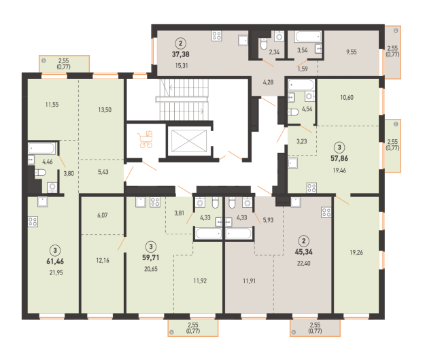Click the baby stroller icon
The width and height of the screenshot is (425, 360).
coord(146,139)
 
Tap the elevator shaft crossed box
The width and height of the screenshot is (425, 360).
coord(189,141)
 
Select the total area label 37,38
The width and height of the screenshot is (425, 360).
coord(181,54)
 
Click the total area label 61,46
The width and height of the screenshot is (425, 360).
coord(55,262)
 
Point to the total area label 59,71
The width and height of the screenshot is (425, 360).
coord(151,257)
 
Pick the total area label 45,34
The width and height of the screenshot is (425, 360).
coord(303,252)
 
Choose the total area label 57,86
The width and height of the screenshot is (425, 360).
coord(339,158)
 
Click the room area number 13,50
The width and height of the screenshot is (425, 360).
coord(105,110)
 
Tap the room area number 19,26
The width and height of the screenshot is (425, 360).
coord(356,253)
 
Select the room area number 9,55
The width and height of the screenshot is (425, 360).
coord(352,52)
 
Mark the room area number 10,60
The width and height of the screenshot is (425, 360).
coord(347,97)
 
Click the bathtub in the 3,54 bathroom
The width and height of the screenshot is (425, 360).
coord(308,37)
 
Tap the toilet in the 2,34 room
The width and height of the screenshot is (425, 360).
coord(264,44)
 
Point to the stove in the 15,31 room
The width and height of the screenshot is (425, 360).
coord(217,36)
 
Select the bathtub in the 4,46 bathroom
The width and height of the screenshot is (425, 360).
coord(41,149)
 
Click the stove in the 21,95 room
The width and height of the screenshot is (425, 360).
coord(33,221)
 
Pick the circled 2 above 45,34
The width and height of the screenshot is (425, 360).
coord(303,240)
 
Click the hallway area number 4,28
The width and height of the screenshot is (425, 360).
coord(268,82)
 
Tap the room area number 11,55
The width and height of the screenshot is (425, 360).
coord(52,105)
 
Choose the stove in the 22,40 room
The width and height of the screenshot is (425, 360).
coord(326,213)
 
